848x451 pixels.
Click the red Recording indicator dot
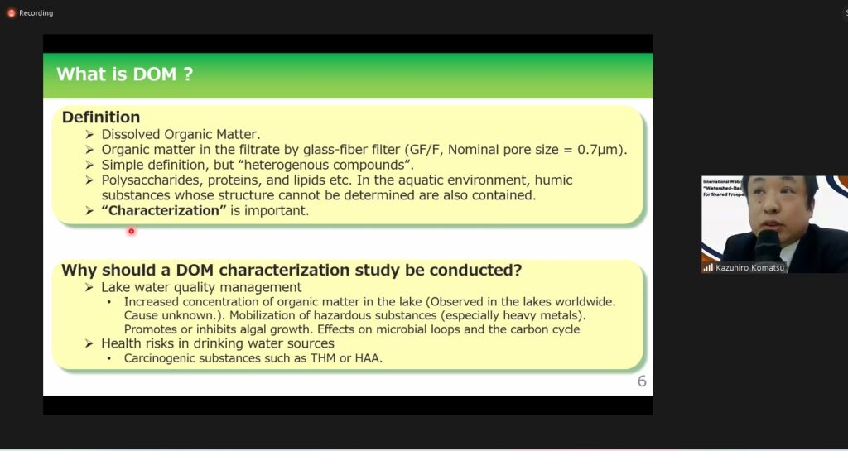11,13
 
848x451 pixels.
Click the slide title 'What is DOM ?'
124,74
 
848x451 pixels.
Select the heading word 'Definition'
101,118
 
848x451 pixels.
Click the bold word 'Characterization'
164,210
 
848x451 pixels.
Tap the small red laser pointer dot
131,231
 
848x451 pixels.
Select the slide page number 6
642,381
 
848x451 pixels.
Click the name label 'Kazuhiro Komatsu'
749,267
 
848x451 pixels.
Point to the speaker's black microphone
767,245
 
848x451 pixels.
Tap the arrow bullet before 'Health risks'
89,343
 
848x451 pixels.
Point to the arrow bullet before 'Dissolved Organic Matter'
89,135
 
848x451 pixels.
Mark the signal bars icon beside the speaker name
708,267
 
